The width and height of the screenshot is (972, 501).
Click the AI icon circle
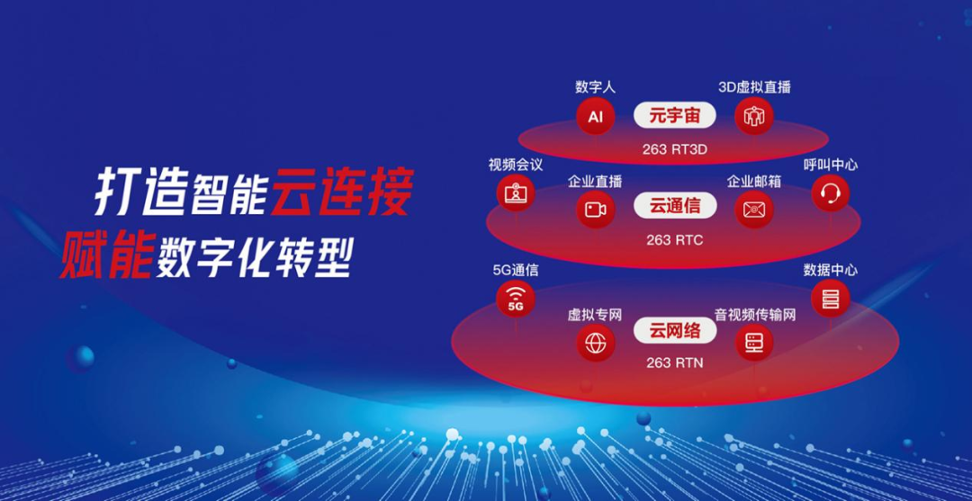coord(595,116)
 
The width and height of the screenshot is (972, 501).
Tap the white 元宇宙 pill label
coord(674,116)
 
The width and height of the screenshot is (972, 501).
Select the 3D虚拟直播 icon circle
coord(754,116)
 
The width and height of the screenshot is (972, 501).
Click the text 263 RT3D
coord(674,149)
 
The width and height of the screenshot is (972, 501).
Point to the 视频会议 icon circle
coord(516,193)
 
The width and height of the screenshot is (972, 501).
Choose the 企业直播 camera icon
coord(595,210)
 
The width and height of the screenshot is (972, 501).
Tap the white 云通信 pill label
coord(674,206)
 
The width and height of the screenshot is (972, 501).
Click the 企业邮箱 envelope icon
coord(754,210)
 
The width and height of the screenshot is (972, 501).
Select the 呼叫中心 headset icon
coord(831,193)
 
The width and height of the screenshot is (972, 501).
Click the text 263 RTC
coord(674,240)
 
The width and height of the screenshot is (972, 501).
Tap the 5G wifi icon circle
coord(516,299)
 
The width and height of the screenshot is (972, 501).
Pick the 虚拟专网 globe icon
coord(596,343)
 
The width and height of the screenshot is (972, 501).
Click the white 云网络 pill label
coord(674,331)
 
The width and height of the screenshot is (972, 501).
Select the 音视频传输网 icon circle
coord(754,343)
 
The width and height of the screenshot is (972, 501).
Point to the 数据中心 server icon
coord(831,299)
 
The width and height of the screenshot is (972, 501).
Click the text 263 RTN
coord(674,362)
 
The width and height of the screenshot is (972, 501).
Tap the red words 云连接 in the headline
coord(342,192)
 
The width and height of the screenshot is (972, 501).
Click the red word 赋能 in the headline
coord(106,255)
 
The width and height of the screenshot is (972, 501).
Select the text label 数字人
coord(595,86)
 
